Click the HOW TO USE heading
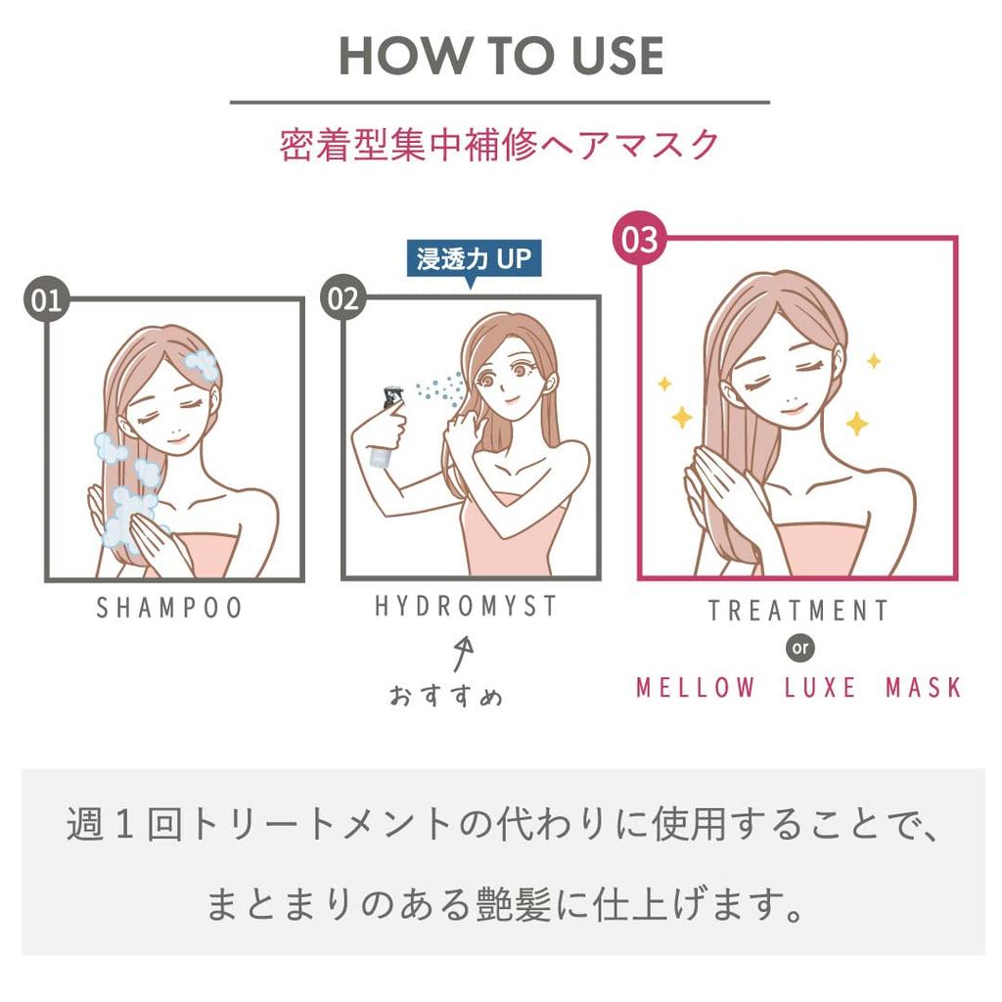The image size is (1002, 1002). coord(500,57)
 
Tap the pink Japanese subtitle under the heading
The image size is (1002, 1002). coord(500,145)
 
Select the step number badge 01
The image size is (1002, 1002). coord(46,299)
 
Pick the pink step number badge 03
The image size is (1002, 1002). coord(639,240)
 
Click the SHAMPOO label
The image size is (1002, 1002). coord(169,608)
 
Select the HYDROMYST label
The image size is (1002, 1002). coord(466,607)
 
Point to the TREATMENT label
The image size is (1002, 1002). coord(797,611)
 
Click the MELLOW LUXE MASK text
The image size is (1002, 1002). coord(798,687)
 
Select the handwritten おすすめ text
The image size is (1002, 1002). coord(446,696)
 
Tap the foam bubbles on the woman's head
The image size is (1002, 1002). coord(203,364)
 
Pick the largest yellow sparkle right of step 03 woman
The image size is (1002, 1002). coord(856,423)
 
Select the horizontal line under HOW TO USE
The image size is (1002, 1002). coord(500,102)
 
